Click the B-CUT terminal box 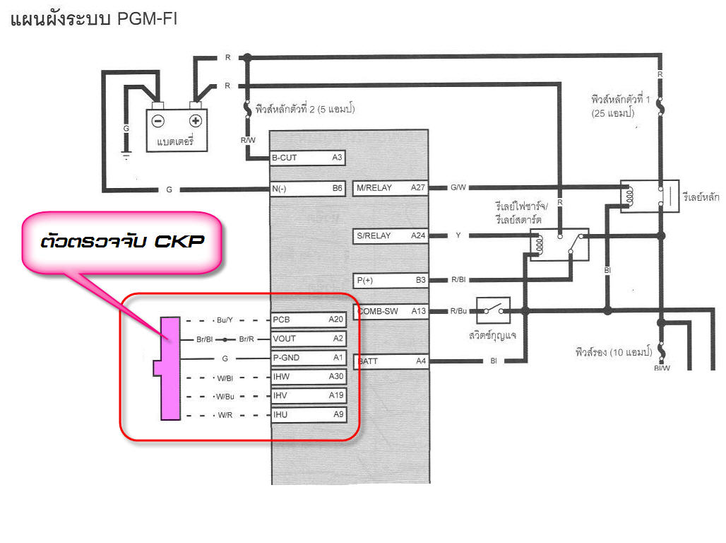pyautogui.click(x=308, y=158)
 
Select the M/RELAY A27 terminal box pyautogui.click(x=391, y=188)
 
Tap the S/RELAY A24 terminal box pyautogui.click(x=391, y=235)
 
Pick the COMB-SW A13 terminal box pyautogui.click(x=391, y=311)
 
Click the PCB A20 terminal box pyautogui.click(x=309, y=320)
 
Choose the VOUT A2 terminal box pyautogui.click(x=309, y=339)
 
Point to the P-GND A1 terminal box pyautogui.click(x=309, y=358)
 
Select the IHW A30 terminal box pyautogui.click(x=309, y=377)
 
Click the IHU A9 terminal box pyautogui.click(x=309, y=414)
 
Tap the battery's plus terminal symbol pyautogui.click(x=196, y=120)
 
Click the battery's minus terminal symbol pyautogui.click(x=159, y=120)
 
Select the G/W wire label pyautogui.click(x=458, y=188)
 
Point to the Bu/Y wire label pyautogui.click(x=225, y=320)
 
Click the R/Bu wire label pyautogui.click(x=458, y=311)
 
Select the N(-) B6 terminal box pyautogui.click(x=308, y=189)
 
